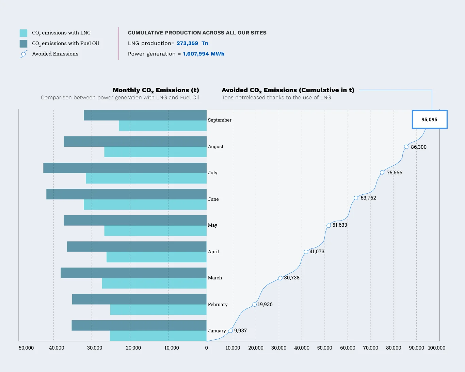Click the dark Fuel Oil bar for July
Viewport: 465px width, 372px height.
[x=125, y=168]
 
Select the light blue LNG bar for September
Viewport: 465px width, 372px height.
[x=163, y=126]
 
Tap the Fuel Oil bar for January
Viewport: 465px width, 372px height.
[x=139, y=325]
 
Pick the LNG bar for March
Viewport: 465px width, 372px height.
[x=154, y=284]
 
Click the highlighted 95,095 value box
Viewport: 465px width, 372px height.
[x=429, y=119]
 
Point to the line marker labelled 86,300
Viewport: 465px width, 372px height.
[x=406, y=147]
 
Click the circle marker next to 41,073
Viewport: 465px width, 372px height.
[x=306, y=252]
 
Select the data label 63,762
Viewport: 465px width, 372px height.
[x=368, y=198]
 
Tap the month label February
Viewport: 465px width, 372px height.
[x=218, y=305]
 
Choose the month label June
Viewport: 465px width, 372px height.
[x=213, y=199]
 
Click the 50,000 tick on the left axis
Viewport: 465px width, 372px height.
[x=26, y=348]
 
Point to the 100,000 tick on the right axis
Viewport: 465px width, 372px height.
[x=436, y=348]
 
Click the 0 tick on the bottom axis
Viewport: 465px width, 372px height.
[x=207, y=348]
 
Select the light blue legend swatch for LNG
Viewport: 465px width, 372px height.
[x=23, y=33]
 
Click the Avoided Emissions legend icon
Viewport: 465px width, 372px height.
[x=23, y=54]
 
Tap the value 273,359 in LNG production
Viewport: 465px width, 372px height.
[x=187, y=43]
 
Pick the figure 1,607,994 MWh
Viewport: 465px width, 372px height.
[x=204, y=54]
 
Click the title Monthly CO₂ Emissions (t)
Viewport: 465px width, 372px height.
[x=156, y=90]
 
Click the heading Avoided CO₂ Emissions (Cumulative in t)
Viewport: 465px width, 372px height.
[x=288, y=90]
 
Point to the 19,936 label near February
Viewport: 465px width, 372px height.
[x=265, y=305]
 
